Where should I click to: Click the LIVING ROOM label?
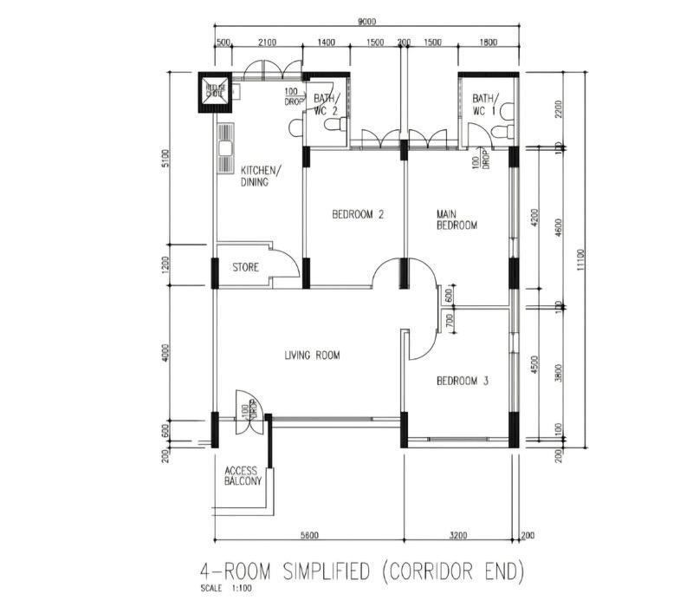pos(312,355)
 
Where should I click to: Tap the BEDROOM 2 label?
pos(358,215)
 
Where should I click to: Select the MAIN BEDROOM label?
pos(457,219)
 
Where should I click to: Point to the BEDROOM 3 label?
pos(462,381)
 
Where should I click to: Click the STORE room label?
pos(245,268)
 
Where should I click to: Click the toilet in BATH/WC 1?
pos(499,130)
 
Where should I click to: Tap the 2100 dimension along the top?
pos(267,42)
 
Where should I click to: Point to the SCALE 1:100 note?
pos(222,588)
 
